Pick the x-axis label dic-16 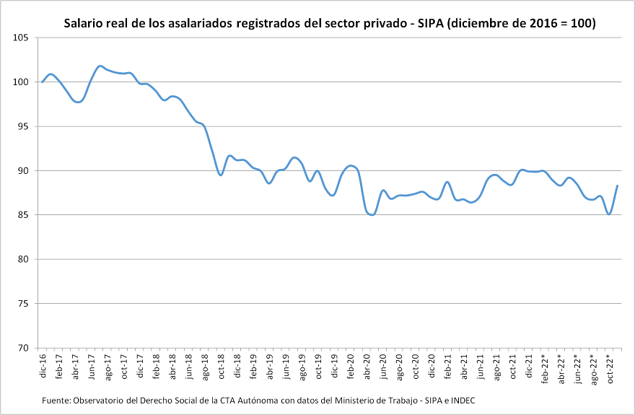pyautogui.click(x=43, y=366)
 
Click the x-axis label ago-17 pyautogui.click(x=108, y=367)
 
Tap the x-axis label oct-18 pyautogui.click(x=222, y=367)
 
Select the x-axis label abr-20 pyautogui.click(x=367, y=367)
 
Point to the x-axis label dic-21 pyautogui.click(x=530, y=366)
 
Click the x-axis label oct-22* pyautogui.click(x=610, y=368)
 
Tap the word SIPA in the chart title pyautogui.click(x=429, y=23)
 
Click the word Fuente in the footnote pyautogui.click(x=55, y=400)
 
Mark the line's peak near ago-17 pyautogui.click(x=100, y=66)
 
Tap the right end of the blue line pyautogui.click(x=618, y=185)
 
